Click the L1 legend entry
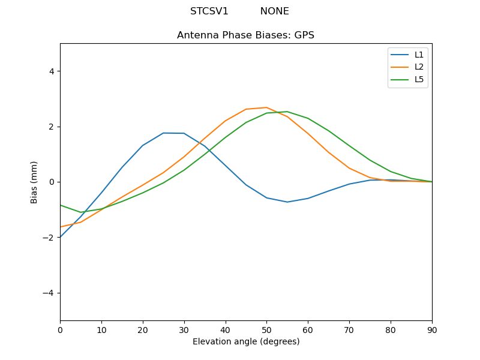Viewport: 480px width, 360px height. coord(419,55)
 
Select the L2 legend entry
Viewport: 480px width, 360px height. coord(419,67)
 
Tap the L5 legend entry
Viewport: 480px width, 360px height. coord(419,79)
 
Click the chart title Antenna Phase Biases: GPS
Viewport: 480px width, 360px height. coord(245,35)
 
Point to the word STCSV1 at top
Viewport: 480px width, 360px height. coord(209,11)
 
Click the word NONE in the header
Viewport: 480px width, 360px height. coord(274,11)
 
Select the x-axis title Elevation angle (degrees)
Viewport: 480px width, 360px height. coord(246,342)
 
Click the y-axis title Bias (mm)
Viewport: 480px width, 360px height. coord(34,182)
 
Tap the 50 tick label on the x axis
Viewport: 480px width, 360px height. coord(266,329)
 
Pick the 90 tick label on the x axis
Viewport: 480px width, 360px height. coord(432,329)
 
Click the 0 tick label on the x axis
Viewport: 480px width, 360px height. coord(60,329)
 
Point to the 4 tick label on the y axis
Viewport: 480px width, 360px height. coord(51,71)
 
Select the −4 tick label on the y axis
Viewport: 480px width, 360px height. coord(49,293)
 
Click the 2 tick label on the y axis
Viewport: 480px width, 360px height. coord(51,127)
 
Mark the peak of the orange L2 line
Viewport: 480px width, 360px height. coord(266,107)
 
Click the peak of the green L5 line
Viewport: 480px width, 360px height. coord(287,112)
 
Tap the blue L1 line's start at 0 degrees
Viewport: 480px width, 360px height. coord(61,237)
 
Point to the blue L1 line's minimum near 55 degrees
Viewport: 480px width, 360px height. coord(287,202)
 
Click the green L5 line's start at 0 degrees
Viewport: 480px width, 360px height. coord(61,205)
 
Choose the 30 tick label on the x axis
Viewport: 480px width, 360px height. coord(184,329)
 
